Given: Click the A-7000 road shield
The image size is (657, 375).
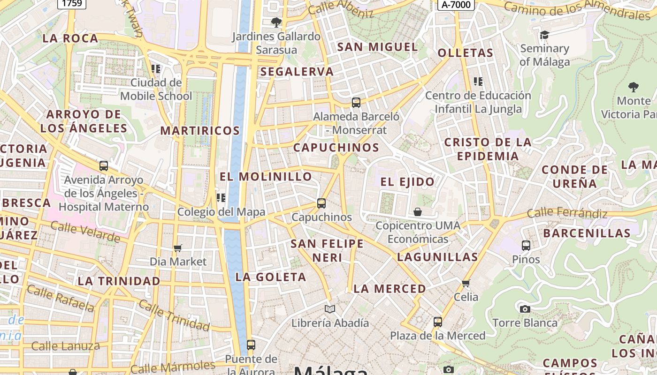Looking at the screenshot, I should tap(456, 5).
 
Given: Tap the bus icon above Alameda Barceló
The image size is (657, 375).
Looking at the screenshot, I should tap(356, 102).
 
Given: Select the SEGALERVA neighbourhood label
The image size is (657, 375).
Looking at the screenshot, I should tap(297, 72).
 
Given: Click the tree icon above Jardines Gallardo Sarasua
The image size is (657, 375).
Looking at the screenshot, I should tap(276, 22).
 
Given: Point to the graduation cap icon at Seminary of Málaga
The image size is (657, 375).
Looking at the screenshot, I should tap(544, 35).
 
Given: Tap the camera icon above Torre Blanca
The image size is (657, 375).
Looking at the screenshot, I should tap(525, 309).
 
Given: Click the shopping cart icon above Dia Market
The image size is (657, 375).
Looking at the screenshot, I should tap(177, 247).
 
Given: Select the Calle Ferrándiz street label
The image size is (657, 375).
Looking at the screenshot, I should tap(567, 213).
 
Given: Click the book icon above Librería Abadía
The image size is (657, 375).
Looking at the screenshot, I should tap(330, 309).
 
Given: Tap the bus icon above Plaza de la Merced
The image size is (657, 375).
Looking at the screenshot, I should tap(438, 322).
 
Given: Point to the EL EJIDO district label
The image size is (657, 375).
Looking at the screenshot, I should tap(407, 182).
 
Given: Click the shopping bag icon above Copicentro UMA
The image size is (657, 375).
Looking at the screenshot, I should tap(418, 212).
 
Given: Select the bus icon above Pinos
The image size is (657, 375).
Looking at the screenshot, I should tap(526, 245).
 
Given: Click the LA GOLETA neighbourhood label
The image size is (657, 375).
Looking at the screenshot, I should tap(271, 277).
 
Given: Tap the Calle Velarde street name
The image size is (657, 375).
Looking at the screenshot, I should tap(85, 232).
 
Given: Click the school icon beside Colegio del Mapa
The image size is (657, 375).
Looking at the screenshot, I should tap(221, 197).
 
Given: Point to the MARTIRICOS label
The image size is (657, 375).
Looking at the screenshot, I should tap(200, 131).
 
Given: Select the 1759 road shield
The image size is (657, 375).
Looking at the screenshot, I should tap(72, 4).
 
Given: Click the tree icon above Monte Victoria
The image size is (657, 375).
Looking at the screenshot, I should tap(633, 87).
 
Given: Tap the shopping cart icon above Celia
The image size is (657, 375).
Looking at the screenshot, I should tap(466, 283).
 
